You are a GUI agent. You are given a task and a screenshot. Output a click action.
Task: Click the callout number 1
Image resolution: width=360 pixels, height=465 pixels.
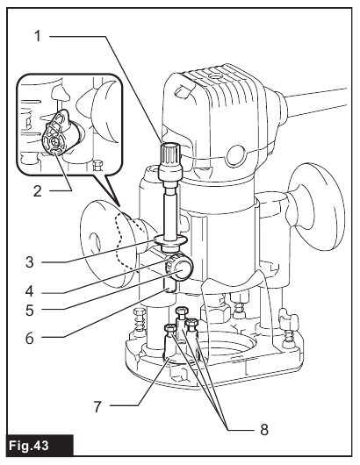(x=38, y=36)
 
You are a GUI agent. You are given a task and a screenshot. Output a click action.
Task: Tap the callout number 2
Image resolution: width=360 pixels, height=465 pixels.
(x=38, y=191)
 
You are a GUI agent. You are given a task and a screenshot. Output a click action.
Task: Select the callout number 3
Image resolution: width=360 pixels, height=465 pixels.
(x=29, y=262)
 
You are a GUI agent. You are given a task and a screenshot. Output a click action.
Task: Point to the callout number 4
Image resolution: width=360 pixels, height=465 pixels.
(x=29, y=291)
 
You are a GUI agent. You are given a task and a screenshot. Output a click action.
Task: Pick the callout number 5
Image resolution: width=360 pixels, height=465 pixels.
(x=29, y=311)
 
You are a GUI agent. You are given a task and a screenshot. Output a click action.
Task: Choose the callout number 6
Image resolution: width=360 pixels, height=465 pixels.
(x=29, y=339)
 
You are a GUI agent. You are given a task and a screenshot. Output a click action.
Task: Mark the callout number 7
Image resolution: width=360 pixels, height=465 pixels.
(x=98, y=406)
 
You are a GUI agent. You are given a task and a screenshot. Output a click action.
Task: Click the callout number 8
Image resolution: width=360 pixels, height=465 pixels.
(x=264, y=429)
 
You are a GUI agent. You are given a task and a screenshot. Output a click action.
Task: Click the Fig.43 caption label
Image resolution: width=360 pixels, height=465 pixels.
(x=29, y=446)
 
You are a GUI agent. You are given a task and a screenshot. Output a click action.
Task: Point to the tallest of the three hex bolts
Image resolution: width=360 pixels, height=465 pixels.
(x=181, y=322)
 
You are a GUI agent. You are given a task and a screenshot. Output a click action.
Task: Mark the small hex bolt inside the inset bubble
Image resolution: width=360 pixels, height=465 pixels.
(x=97, y=165)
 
